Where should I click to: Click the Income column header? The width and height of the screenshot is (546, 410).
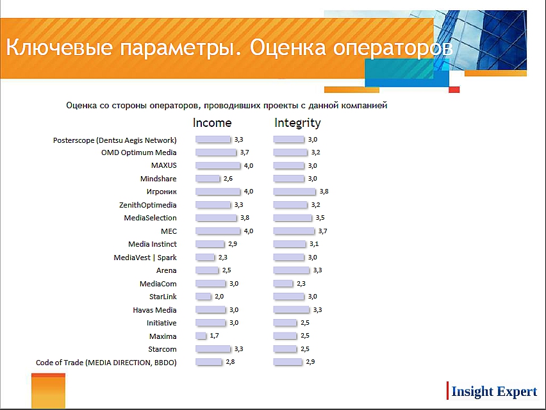(x=212, y=123)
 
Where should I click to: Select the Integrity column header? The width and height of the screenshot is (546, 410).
(x=297, y=123)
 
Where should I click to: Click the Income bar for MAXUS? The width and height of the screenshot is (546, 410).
(x=218, y=166)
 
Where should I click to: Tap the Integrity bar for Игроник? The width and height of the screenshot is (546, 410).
(x=295, y=192)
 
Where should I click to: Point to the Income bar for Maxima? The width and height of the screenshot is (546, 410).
(x=201, y=336)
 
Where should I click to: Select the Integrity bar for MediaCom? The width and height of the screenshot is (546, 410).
(x=283, y=284)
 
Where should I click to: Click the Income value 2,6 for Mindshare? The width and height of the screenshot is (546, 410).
(x=228, y=179)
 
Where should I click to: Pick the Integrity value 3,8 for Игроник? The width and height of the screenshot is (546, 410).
(x=324, y=192)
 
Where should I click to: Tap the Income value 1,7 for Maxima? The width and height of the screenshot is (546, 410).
(x=215, y=336)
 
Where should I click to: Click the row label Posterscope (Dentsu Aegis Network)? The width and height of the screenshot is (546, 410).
(x=115, y=140)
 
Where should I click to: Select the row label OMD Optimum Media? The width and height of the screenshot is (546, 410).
(x=139, y=152)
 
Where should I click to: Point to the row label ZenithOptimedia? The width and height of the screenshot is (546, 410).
(x=148, y=205)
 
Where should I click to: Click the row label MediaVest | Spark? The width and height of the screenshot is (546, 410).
(x=145, y=258)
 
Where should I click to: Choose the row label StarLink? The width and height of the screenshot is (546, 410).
(x=163, y=297)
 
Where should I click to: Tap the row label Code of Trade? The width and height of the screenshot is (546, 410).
(x=60, y=363)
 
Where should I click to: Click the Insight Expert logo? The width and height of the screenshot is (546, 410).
(x=492, y=391)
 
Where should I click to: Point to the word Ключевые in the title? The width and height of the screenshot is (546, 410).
(x=60, y=47)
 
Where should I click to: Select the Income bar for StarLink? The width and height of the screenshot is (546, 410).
(x=203, y=297)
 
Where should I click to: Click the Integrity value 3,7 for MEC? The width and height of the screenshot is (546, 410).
(x=323, y=231)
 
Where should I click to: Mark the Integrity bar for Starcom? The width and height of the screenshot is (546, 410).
(x=285, y=349)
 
